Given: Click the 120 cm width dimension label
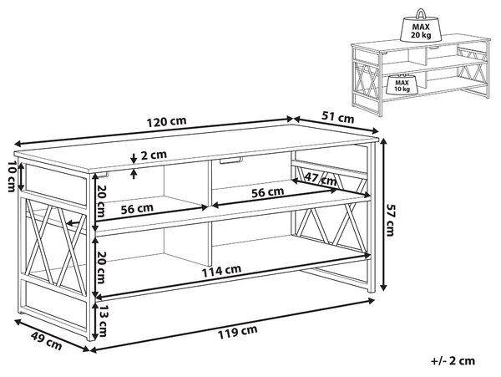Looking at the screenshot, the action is pyautogui.click(x=166, y=122).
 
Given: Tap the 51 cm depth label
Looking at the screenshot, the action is pyautogui.click(x=337, y=117).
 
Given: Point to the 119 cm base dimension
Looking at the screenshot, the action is pyautogui.click(x=237, y=332).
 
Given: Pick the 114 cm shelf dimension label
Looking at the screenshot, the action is pyautogui.click(x=221, y=271).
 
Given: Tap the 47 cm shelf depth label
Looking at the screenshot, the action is pyautogui.click(x=321, y=179).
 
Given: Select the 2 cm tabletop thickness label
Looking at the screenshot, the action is pyautogui.click(x=154, y=155).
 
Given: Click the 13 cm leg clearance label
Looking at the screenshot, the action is pyautogui.click(x=102, y=320).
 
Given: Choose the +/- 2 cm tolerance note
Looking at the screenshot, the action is pyautogui.click(x=453, y=361).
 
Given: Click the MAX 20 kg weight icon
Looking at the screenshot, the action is pyautogui.click(x=421, y=26).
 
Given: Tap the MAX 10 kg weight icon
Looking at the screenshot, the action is pyautogui.click(x=402, y=84).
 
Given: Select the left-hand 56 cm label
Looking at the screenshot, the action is pyautogui.click(x=137, y=209).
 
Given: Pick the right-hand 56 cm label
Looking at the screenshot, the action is pyautogui.click(x=267, y=192).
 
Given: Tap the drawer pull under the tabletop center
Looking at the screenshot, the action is pyautogui.click(x=230, y=160).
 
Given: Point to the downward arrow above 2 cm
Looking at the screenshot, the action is pyautogui.click(x=134, y=158).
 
